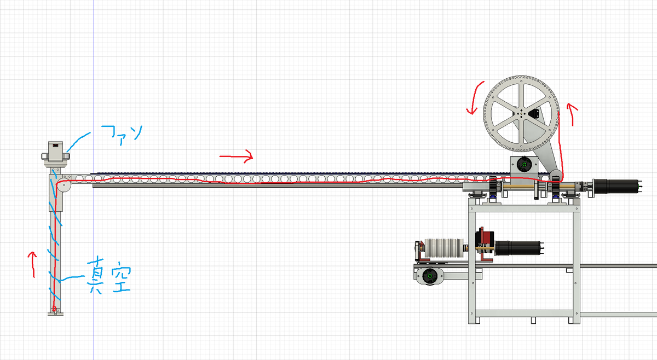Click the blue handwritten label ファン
click(122, 133)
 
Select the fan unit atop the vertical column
click(56, 152)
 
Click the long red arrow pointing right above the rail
click(236, 157)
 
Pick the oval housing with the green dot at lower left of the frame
click(430, 276)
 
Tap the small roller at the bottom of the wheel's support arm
click(556, 176)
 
